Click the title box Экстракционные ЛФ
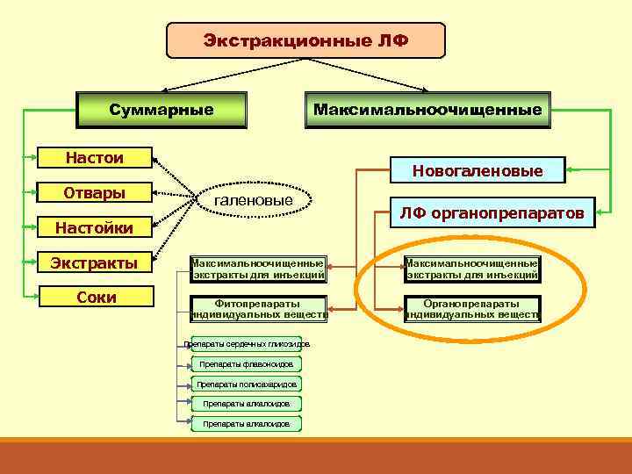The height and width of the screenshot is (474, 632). pyautogui.click(x=305, y=40)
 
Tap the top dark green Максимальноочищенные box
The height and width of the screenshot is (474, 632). pyautogui.click(x=427, y=111)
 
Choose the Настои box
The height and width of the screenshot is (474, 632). pyautogui.click(x=95, y=158)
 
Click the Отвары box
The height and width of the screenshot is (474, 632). pyautogui.click(x=95, y=193)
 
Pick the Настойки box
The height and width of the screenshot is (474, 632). pyautogui.click(x=95, y=228)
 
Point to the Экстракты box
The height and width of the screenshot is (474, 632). pyautogui.click(x=95, y=263)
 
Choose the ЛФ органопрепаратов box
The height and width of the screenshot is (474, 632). pyautogui.click(x=492, y=212)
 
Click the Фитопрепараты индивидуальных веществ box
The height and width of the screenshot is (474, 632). pyautogui.click(x=258, y=309)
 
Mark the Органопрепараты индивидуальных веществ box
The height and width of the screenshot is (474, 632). pyautogui.click(x=472, y=309)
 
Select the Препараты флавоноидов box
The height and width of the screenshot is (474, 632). pyautogui.click(x=247, y=363)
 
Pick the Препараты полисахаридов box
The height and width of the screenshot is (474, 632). pyautogui.click(x=247, y=384)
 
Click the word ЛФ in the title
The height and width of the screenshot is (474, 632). pyautogui.click(x=391, y=40)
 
